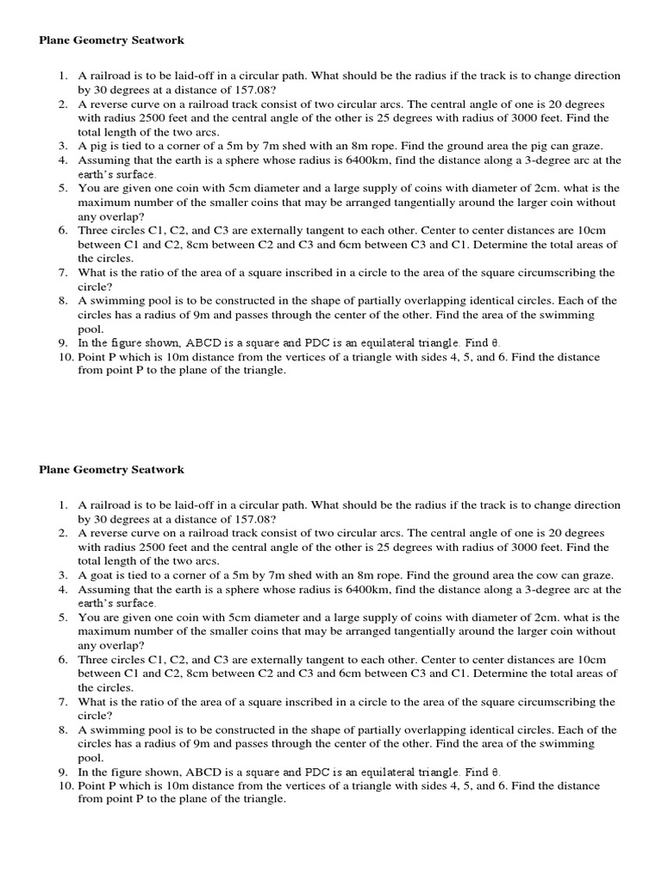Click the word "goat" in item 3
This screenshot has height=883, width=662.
pyautogui.click(x=103, y=575)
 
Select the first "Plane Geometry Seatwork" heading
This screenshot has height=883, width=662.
pyautogui.click(x=111, y=41)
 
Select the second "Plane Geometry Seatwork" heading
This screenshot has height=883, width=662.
pyautogui.click(x=111, y=470)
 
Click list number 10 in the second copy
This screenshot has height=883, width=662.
pyautogui.click(x=65, y=786)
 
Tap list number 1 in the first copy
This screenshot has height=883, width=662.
pyautogui.click(x=63, y=76)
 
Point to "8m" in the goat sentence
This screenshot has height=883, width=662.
pyautogui.click(x=353, y=575)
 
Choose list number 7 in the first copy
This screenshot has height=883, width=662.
pyautogui.click(x=63, y=272)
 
